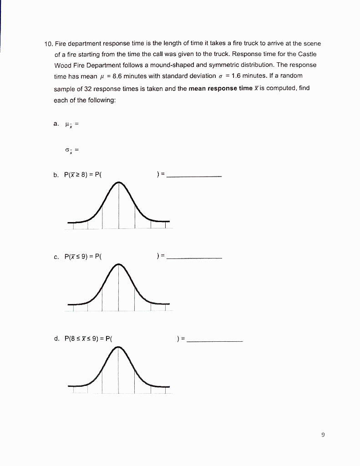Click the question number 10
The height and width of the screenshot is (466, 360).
48,44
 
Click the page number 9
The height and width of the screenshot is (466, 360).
323,435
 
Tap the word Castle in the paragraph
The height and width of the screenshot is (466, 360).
306,54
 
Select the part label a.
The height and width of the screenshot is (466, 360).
56,124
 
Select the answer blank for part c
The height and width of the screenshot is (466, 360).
194,258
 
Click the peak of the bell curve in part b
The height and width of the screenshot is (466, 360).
119,183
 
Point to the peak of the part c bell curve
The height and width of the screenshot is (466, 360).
119,265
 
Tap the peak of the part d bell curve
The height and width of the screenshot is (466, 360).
119,348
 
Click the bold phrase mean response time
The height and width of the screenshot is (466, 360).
220,88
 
